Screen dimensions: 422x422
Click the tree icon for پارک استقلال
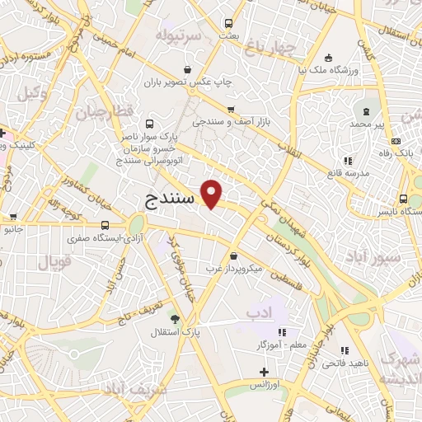point(173,318)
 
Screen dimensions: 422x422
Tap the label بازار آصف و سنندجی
point(232,121)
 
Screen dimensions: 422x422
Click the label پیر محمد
point(366,124)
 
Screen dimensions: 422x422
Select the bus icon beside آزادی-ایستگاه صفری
point(105,225)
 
